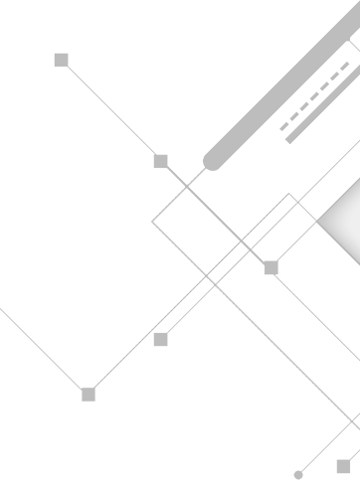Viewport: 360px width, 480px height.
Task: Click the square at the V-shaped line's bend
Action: point(89,395)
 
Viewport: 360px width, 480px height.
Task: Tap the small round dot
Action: point(297,475)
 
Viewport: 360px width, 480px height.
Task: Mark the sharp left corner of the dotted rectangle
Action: point(152,221)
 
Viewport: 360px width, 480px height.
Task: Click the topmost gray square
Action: point(61,61)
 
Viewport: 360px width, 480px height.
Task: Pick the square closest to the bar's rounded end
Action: point(161,161)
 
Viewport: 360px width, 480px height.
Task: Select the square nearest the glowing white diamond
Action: point(270,267)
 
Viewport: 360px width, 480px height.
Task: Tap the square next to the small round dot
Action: point(343,466)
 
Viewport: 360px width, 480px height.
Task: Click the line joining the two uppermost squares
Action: point(110,110)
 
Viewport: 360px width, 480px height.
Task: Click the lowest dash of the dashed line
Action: point(283,128)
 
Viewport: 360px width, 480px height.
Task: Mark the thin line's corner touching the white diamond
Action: point(289,195)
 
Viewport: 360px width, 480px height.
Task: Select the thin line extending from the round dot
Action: point(328,445)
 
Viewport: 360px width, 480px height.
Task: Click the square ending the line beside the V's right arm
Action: point(161,340)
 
